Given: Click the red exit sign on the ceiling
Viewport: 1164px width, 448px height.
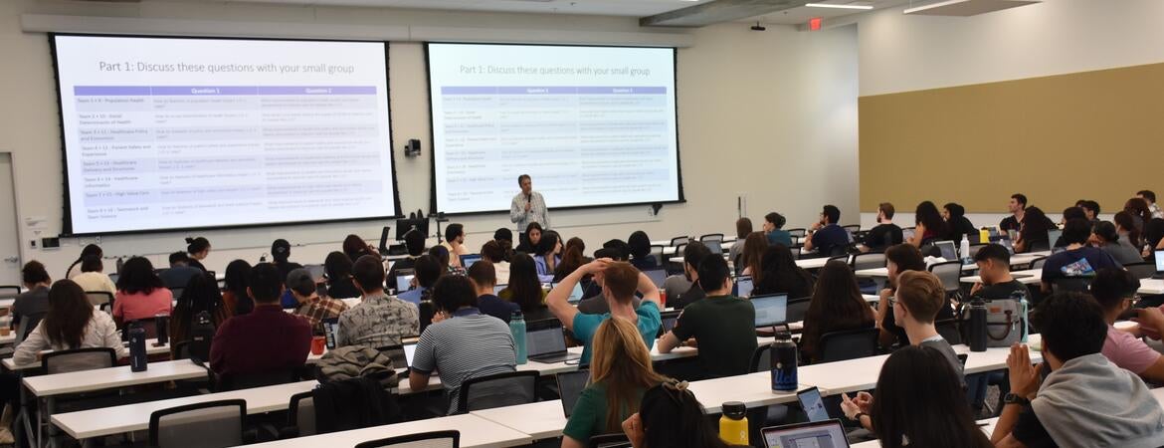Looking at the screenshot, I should click(x=816, y=23).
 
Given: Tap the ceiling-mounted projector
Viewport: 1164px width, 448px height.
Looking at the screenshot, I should click(x=758, y=27).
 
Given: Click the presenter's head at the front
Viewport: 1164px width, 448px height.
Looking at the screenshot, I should click(x=525, y=182).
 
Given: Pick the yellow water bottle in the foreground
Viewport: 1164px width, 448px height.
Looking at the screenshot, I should click(x=733, y=423).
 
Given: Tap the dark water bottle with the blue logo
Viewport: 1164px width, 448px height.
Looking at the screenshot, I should click(x=784, y=363).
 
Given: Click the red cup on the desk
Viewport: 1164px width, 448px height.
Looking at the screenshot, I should click(x=317, y=344).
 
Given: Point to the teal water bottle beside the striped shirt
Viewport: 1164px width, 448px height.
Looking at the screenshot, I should click(x=518, y=338).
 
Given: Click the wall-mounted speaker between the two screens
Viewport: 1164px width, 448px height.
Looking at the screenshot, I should click(x=412, y=147).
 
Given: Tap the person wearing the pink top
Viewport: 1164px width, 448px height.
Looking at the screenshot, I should click(x=141, y=295).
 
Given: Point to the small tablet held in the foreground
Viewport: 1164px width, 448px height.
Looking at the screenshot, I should click(x=813, y=404).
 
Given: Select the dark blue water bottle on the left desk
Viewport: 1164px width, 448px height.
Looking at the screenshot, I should click(x=137, y=349).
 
